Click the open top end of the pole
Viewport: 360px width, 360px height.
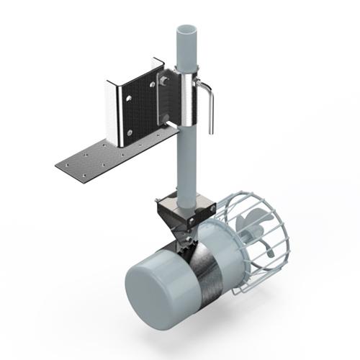[185, 34]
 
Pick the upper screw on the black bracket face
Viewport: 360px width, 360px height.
[152, 84]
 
